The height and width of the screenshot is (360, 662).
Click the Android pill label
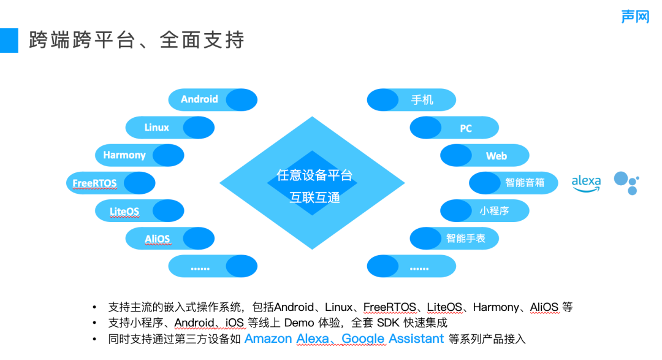[199, 99]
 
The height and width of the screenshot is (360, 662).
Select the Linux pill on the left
[157, 128]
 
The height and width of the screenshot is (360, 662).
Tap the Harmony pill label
[124, 155]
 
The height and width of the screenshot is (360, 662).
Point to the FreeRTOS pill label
[94, 183]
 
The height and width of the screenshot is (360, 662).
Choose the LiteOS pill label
[124, 212]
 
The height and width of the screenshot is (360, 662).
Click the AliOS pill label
[157, 239]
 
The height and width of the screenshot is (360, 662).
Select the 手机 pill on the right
[422, 100]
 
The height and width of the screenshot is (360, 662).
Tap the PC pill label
[466, 129]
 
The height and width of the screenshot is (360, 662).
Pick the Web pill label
[496, 156]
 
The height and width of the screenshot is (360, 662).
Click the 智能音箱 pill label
[525, 183]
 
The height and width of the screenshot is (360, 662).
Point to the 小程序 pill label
[494, 211]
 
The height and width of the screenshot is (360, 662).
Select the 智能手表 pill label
[466, 239]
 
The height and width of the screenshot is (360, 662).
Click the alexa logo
[586, 182]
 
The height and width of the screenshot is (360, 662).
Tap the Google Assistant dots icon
[626, 182]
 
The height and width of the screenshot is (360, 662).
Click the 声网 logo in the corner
[635, 17]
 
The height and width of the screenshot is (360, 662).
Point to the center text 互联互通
[314, 197]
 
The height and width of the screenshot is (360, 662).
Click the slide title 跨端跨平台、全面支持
[137, 40]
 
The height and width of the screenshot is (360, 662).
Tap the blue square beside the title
[9, 40]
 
